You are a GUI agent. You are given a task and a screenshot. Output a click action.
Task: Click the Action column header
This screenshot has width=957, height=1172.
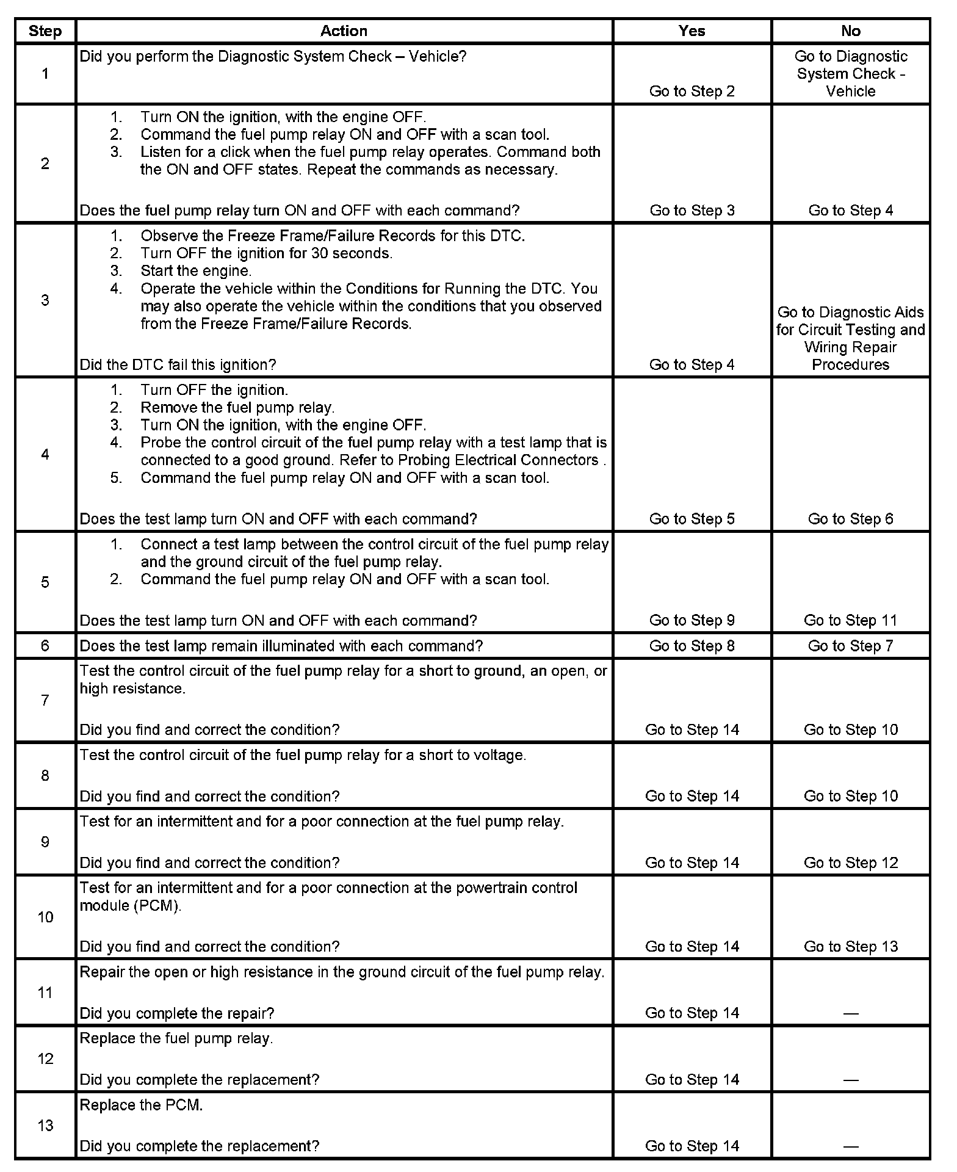pos(344,31)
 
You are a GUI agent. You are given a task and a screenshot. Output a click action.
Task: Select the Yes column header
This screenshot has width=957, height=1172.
pos(692,31)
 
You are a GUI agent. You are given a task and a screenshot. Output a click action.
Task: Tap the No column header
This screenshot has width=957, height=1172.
pos(850,31)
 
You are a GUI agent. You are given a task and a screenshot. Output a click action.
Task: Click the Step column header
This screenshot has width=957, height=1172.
pos(45,31)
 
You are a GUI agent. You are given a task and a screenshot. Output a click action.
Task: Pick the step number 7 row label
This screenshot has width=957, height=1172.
pos(45,700)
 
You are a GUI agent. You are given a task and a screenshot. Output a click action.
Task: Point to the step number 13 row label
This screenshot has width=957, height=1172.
pos(45,1125)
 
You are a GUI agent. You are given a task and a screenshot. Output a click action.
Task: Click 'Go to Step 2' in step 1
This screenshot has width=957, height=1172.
pos(692,91)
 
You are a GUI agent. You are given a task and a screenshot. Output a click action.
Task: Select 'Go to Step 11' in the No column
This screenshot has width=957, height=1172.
pos(850,620)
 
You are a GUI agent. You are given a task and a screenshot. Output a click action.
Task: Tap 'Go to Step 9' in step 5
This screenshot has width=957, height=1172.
pos(692,620)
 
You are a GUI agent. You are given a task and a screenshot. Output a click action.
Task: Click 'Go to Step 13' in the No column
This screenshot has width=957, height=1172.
pos(850,946)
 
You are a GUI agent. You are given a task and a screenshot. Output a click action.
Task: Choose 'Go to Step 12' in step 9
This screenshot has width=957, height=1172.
pos(850,863)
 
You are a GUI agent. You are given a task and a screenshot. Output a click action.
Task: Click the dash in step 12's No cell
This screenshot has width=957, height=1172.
pos(850,1080)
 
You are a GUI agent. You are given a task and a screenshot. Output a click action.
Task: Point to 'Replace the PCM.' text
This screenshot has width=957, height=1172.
pos(141,1105)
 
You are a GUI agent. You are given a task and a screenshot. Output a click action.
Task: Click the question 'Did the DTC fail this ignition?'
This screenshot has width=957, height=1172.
pos(178,364)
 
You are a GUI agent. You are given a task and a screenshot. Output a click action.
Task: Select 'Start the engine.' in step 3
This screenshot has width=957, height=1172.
pos(196,270)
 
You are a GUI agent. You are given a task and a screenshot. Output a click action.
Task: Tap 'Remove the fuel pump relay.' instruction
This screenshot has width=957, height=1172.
pos(237,407)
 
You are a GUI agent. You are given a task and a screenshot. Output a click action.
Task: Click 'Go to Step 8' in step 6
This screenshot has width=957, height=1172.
pos(692,646)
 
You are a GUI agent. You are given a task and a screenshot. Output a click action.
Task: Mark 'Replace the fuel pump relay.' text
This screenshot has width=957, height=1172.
pos(176,1038)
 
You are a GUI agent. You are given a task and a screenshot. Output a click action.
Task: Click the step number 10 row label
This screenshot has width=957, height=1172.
pos(45,917)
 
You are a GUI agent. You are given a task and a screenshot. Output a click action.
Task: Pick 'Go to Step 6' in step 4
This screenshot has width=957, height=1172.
pos(850,519)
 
